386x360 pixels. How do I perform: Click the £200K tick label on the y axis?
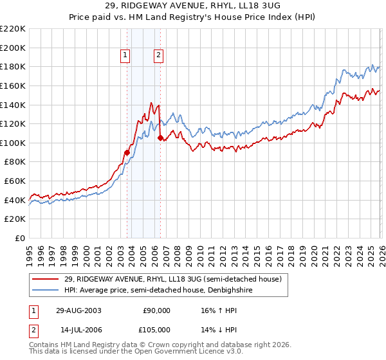13,48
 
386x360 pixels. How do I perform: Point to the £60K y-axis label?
15,181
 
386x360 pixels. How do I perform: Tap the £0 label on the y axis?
20,239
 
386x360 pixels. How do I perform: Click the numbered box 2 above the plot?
158,55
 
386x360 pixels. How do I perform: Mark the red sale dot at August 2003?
127,152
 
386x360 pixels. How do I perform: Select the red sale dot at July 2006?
160,138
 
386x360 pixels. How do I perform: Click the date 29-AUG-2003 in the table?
78,310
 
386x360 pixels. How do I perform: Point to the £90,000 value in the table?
155,310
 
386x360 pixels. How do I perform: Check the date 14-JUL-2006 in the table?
78,329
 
